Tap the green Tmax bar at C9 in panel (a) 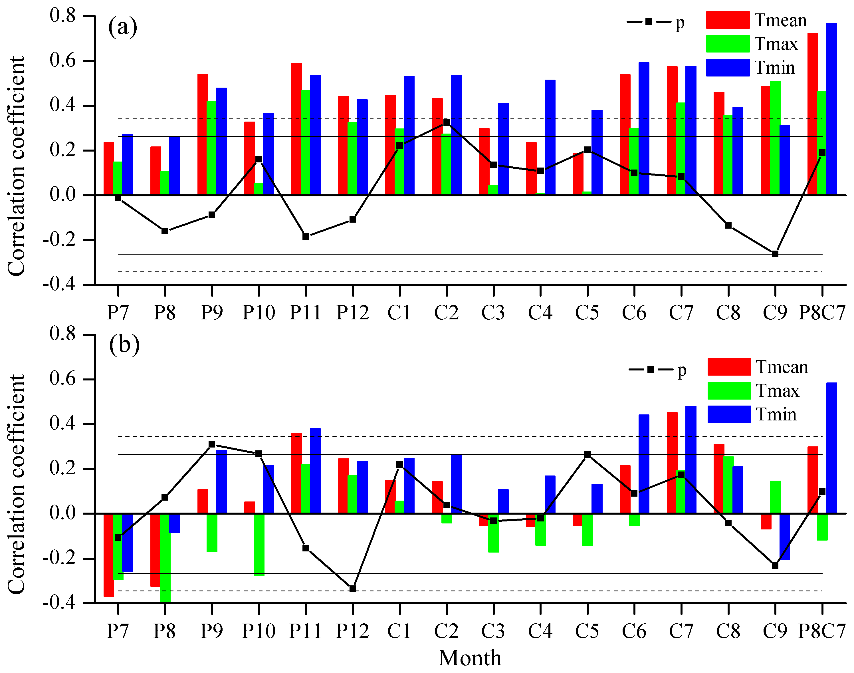coord(775,138)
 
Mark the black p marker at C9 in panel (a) coord(775,254)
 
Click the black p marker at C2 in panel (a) coord(446,122)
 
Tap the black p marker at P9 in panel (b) coord(212,444)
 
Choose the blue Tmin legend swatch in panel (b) coord(729,414)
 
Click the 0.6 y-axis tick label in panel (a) coord(63,61)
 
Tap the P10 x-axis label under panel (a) coord(259,313)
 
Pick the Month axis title coord(470,658)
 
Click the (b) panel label coord(124,345)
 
